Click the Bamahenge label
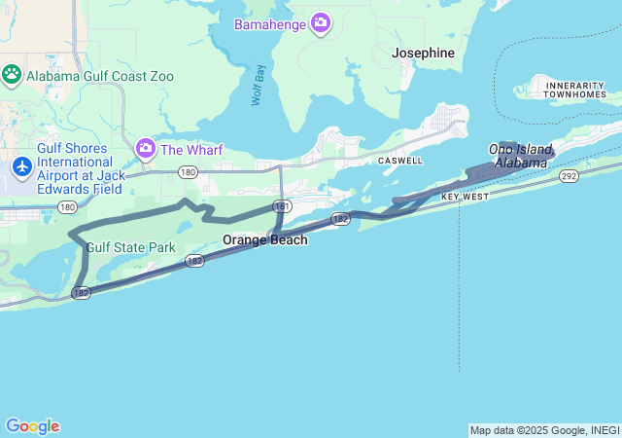(x=270, y=22)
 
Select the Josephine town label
(x=423, y=54)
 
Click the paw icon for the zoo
(x=12, y=74)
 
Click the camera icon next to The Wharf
(x=146, y=149)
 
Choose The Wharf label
(x=191, y=150)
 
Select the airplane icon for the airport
(x=20, y=166)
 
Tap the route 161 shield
(x=282, y=206)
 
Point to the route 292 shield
(x=570, y=176)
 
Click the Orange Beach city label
(x=264, y=239)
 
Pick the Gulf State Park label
(x=131, y=247)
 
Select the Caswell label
(x=400, y=160)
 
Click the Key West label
(x=465, y=197)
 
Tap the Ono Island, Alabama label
(x=519, y=156)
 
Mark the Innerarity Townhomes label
(x=575, y=90)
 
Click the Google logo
(x=32, y=426)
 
